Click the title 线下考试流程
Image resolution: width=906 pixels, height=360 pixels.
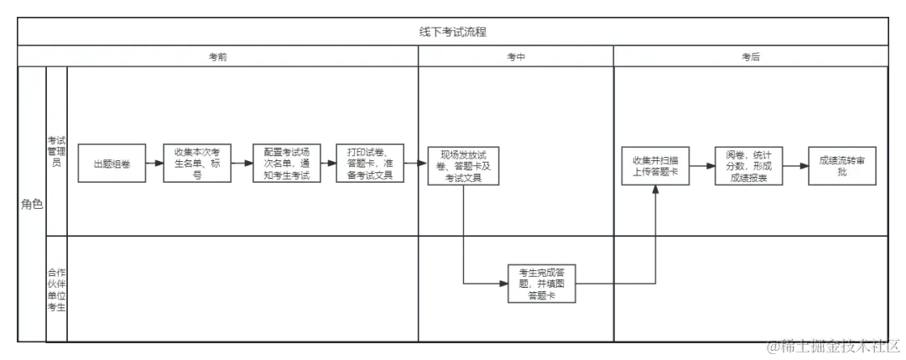pos(453,32)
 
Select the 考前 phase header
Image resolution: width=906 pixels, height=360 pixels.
pos(218,56)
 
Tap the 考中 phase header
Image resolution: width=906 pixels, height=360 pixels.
pos(516,56)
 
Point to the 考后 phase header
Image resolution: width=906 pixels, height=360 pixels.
pos(751,56)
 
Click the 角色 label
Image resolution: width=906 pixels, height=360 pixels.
pos(31,204)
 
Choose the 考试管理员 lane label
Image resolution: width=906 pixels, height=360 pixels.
pos(56,152)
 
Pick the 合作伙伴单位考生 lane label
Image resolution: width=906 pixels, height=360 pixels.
pos(56,290)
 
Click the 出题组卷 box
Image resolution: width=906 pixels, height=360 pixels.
pos(112,164)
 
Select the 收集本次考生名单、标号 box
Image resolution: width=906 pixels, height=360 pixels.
pos(197,164)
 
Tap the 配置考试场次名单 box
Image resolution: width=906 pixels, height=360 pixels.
pos(286,164)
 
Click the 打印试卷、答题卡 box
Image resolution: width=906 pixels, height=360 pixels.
pos(370,164)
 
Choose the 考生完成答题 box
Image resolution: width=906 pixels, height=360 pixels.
pos(541,284)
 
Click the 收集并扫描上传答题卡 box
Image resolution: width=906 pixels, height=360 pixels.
pos(655,164)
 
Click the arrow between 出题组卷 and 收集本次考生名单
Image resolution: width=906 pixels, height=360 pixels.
pos(154,164)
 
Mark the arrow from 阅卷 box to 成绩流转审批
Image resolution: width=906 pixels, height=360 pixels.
pos(795,164)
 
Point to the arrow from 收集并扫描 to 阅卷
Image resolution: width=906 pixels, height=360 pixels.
pos(701,164)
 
